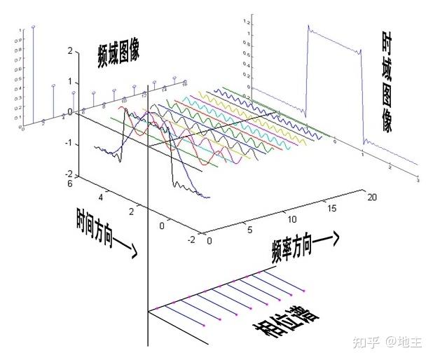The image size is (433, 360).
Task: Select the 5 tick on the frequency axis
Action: coord(250,230)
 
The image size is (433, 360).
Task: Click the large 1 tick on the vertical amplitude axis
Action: coord(69,82)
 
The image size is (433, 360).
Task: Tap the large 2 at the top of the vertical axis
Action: coord(69,51)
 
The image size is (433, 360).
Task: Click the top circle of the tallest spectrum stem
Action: coord(34,27)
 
